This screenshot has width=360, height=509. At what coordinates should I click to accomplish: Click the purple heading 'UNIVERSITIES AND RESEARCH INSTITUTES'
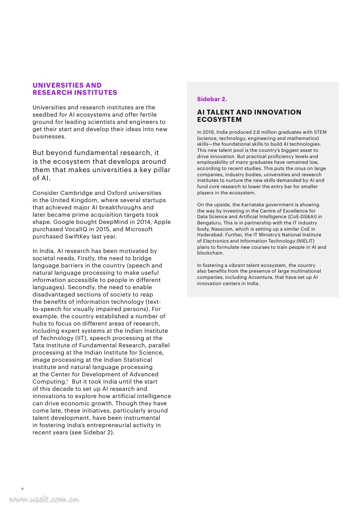[75, 89]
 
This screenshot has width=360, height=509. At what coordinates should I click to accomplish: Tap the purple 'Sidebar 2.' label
[212, 98]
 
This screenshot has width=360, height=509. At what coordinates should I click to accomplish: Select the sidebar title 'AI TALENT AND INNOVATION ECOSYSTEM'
[249, 116]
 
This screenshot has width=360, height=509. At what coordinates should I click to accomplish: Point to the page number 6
[22, 488]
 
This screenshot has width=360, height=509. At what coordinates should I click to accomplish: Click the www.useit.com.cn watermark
[44, 500]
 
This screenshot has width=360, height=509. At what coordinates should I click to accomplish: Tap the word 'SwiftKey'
[77, 236]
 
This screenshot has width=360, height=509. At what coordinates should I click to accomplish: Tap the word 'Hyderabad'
[210, 235]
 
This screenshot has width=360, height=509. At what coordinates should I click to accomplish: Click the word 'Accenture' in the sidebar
[254, 277]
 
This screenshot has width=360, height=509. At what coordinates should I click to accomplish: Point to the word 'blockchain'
[211, 253]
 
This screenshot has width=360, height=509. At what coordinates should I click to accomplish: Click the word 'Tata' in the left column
[39, 345]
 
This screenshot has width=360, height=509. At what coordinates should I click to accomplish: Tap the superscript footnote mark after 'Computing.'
[67, 380]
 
